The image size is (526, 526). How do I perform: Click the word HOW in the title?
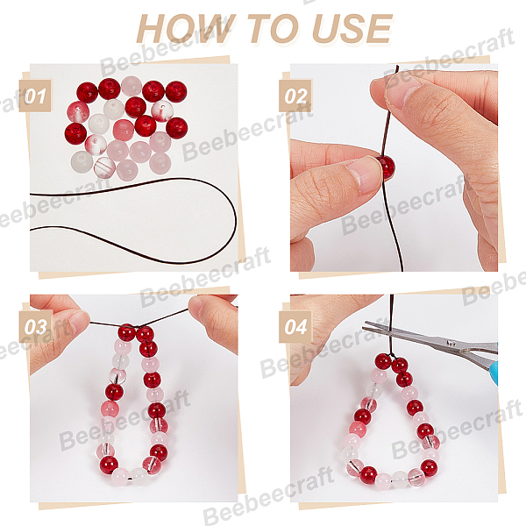pos(184,29)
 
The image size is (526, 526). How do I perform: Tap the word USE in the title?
pos(352,29)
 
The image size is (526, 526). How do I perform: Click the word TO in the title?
pos(273,29)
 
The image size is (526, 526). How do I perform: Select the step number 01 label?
pos(35,96)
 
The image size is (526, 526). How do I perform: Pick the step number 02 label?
pos(295,96)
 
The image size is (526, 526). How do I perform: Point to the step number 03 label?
pos(35,327)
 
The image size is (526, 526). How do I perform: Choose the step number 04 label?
pos(295,327)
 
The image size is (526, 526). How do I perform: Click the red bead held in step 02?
pos(386,167)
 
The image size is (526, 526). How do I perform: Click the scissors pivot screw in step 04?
pos(451,343)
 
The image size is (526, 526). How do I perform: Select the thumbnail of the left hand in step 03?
pos(78,322)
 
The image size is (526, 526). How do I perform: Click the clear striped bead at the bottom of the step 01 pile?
pos(104,167)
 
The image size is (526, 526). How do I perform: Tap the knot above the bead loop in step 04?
pos(392,355)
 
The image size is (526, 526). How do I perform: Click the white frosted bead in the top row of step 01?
pos(131,86)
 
